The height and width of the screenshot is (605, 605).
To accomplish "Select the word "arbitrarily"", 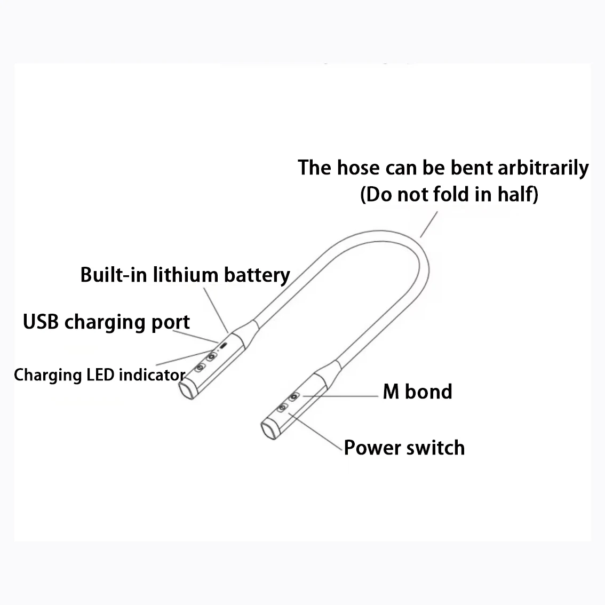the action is tap(543, 168).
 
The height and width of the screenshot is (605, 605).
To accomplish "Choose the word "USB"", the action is tap(41, 322).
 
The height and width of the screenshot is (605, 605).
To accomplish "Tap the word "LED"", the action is tap(101, 375).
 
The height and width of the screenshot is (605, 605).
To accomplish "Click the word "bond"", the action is tap(428, 392).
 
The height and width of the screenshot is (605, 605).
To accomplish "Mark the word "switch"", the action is tap(435, 447).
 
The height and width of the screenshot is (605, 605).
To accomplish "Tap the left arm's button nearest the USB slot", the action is tap(211, 356).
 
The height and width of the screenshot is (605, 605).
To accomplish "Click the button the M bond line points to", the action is tap(293, 397).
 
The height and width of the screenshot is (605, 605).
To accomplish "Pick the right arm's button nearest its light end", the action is tap(283, 408).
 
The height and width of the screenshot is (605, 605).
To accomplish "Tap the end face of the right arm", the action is tap(270, 430).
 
